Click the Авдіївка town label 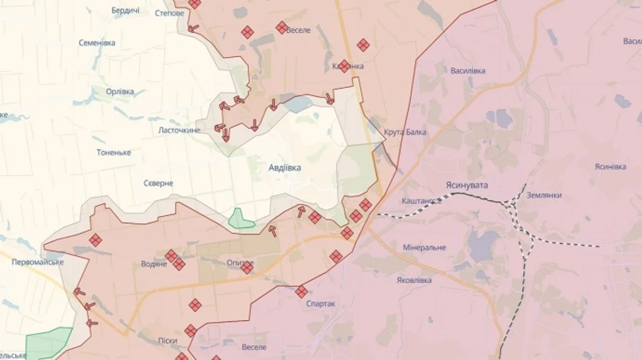coord(285,168)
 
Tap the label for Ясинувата coord(467,185)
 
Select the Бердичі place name coord(126,11)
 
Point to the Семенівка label coord(97,43)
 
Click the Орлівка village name coord(120,91)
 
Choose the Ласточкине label coord(179,130)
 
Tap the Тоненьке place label coord(114,153)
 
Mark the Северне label coord(158,183)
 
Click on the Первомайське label coord(37,262)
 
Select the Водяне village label coord(154,264)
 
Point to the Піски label coord(168,341)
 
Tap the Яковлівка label coord(414,280)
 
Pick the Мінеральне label coord(424,247)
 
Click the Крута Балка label coord(404,132)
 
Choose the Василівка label coord(468,71)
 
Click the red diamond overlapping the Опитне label coord(247,268)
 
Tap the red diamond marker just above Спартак coord(302,292)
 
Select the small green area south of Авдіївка coord(241,219)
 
